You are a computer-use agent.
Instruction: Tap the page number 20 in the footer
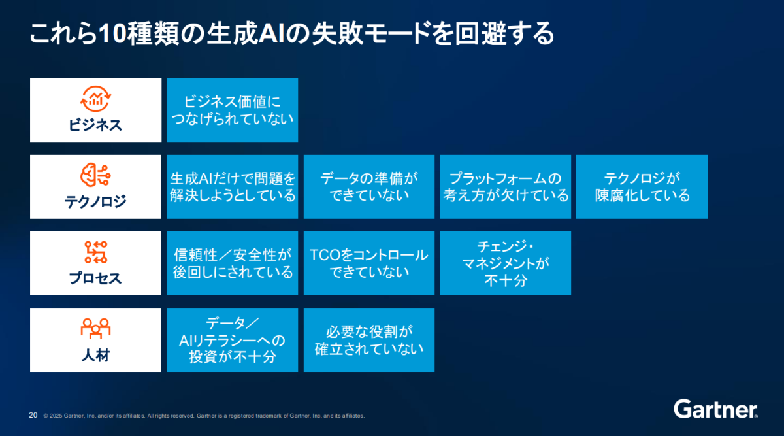tap(33, 415)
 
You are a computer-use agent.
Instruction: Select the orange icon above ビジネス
tap(95, 99)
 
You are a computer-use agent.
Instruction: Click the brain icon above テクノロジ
tap(95, 175)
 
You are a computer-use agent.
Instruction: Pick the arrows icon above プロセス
tap(95, 252)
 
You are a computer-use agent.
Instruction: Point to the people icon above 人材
tap(95, 329)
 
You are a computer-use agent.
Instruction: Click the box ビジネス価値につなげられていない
tap(233, 110)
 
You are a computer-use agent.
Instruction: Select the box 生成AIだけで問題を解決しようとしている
tap(233, 187)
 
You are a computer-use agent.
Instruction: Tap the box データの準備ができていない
tap(369, 187)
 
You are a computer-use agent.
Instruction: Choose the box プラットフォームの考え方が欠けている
tap(506, 187)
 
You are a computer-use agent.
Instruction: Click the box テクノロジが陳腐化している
tap(642, 187)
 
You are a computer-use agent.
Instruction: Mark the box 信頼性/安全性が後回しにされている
tap(233, 263)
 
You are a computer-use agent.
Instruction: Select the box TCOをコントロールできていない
tap(369, 263)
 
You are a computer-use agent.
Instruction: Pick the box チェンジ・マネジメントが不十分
tap(506, 263)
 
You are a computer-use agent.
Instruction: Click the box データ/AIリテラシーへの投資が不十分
tap(233, 340)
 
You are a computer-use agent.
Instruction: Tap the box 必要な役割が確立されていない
tap(369, 340)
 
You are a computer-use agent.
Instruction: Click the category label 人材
tap(95, 357)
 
